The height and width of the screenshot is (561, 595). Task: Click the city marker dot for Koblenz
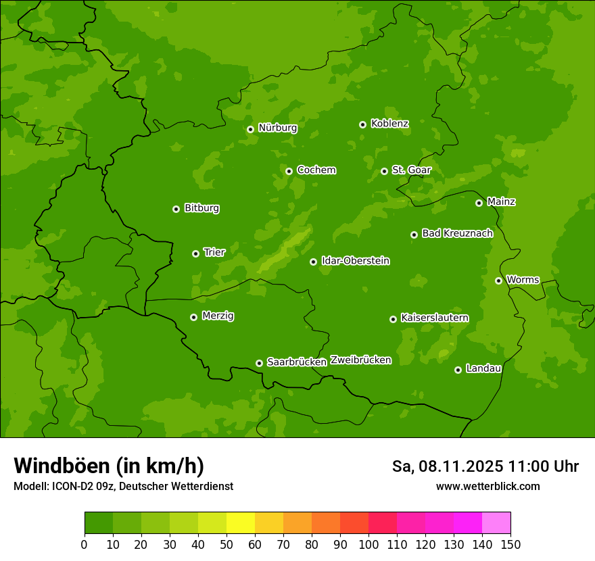tap(363, 124)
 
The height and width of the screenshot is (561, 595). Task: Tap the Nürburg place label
tap(277, 128)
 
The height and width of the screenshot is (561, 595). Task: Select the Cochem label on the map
tap(316, 170)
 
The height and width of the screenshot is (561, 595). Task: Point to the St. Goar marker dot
tap(384, 171)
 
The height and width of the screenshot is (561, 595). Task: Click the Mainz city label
tap(501, 202)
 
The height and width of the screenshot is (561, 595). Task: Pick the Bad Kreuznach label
tap(457, 234)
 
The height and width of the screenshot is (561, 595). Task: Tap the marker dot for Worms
tap(498, 280)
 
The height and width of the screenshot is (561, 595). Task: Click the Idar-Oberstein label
tap(355, 261)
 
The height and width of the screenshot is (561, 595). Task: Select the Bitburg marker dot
tap(176, 209)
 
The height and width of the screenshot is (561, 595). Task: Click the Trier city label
tap(214, 253)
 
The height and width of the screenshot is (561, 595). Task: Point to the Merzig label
tap(218, 316)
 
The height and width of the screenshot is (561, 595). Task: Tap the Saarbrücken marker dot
tap(259, 363)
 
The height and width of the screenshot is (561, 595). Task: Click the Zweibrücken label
tap(360, 360)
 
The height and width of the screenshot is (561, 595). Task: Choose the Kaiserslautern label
tap(434, 318)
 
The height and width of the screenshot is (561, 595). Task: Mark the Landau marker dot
tap(458, 370)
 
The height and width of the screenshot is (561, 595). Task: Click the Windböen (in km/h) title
tap(108, 466)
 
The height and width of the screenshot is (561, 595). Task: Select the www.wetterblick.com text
tap(487, 486)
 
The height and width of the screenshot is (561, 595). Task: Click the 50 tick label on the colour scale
tap(227, 544)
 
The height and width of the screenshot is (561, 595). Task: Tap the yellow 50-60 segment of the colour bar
tap(241, 523)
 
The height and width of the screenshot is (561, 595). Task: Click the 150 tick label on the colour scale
tap(510, 544)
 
